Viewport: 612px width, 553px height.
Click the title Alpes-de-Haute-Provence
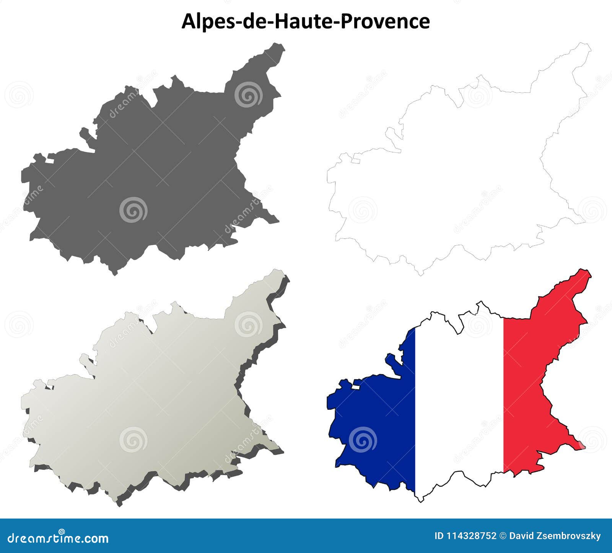(x=305, y=21)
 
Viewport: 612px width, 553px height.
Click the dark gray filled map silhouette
(x=153, y=172)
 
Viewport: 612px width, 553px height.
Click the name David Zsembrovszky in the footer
(x=555, y=536)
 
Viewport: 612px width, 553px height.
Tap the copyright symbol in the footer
(x=503, y=536)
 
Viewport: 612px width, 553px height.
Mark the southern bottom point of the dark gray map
(x=114, y=274)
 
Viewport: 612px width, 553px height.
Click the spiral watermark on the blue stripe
(x=363, y=439)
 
